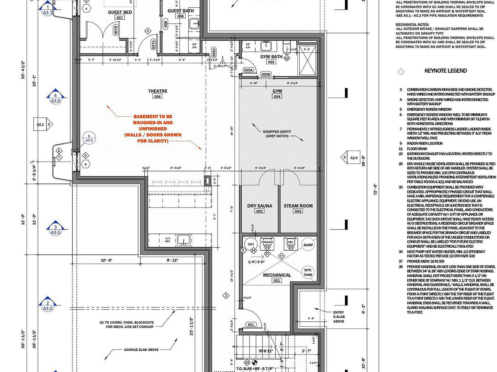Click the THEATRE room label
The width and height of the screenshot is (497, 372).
[x=158, y=91]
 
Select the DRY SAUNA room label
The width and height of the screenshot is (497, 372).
[x=260, y=206]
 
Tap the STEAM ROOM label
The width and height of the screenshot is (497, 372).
[x=298, y=206]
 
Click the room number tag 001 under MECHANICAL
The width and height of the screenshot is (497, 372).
[x=277, y=281]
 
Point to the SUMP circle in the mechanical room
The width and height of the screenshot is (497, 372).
[x=308, y=245]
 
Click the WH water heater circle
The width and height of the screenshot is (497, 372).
[x=251, y=244]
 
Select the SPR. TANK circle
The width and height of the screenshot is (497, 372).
[x=308, y=273]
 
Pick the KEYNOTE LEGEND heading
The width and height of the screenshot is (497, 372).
[x=446, y=71]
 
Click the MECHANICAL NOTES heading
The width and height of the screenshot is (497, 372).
[x=412, y=25]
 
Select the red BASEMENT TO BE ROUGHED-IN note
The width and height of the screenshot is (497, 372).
[x=153, y=129]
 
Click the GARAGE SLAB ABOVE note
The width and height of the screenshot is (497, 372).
[x=141, y=350]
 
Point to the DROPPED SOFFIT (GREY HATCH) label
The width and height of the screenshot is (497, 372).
[x=277, y=134]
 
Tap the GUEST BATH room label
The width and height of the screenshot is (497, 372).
[x=181, y=11]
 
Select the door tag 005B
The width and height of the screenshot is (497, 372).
[x=266, y=74]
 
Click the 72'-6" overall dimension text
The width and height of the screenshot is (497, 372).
[x=375, y=190]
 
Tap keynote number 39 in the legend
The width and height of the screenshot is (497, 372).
[x=401, y=267]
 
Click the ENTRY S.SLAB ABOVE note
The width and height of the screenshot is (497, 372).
[x=338, y=317]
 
